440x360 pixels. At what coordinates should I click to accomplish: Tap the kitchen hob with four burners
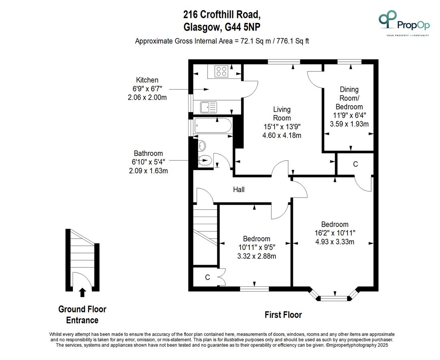pyautogui.click(x=221, y=71)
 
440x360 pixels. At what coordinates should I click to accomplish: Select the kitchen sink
pyautogui.click(x=209, y=107)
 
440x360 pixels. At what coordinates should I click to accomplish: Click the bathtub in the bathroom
pyautogui.click(x=213, y=125)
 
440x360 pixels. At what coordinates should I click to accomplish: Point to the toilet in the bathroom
pyautogui.click(x=204, y=161)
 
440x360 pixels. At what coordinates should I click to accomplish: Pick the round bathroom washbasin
pyautogui.click(x=202, y=146)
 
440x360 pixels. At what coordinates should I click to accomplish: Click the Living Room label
pyautogui.click(x=282, y=114)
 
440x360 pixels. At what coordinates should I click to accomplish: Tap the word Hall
pyautogui.click(x=239, y=190)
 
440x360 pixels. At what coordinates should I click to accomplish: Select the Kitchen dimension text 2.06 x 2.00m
pyautogui.click(x=147, y=98)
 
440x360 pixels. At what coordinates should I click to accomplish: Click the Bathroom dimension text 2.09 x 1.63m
pyautogui.click(x=148, y=171)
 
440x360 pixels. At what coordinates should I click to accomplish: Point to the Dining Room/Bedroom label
pyautogui.click(x=349, y=98)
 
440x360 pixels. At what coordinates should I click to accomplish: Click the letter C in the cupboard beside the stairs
pyautogui.click(x=207, y=277)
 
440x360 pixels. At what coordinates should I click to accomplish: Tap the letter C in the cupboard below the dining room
pyautogui.click(x=356, y=164)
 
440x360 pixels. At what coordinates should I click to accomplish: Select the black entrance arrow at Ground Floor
pyautogui.click(x=82, y=292)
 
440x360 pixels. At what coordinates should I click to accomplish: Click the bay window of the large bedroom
pyautogui.click(x=334, y=295)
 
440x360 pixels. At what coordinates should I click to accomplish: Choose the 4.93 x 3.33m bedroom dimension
pyautogui.click(x=335, y=241)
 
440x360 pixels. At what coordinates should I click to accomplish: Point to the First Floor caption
pyautogui.click(x=283, y=315)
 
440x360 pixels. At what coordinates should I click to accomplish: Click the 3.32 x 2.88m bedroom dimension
pyautogui.click(x=257, y=256)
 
